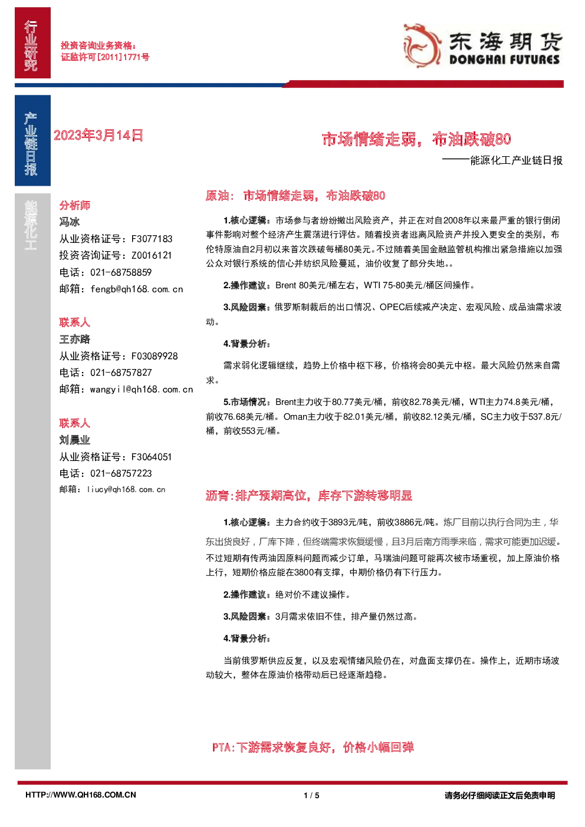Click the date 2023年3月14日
[x=98, y=136]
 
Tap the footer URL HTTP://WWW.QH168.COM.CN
[x=81, y=795]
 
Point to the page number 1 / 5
[x=311, y=795]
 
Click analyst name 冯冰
[x=70, y=222]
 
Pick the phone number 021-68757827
[x=121, y=373]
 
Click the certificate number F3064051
[x=152, y=457]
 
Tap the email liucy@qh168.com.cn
[x=126, y=489]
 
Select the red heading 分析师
[x=75, y=205]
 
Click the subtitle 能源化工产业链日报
[x=516, y=160]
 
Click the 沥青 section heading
[x=309, y=496]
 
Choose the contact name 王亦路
[x=75, y=339]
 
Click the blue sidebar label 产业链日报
[x=31, y=144]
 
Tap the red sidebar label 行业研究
[x=31, y=45]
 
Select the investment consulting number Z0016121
[x=152, y=255]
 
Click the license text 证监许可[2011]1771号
[x=105, y=57]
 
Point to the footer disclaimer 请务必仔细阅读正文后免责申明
[x=499, y=795]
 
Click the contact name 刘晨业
[x=75, y=440]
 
